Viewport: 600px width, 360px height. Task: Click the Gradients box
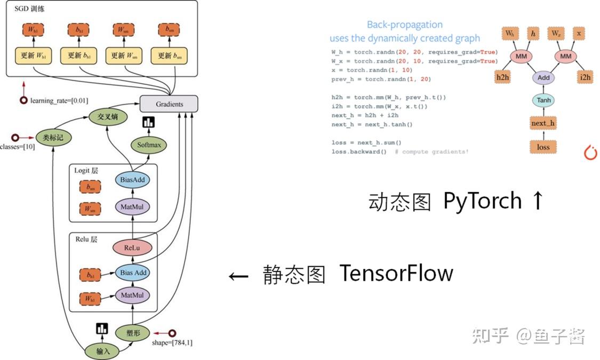click(x=169, y=103)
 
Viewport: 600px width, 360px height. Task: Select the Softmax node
click(x=149, y=145)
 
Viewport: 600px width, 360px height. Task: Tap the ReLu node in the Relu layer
click(x=132, y=248)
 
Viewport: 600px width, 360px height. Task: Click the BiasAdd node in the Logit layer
click(x=132, y=180)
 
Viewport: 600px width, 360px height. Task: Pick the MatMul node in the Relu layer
click(x=132, y=295)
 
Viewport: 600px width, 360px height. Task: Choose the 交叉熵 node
click(x=108, y=117)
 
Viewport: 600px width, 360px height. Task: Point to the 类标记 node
click(x=53, y=138)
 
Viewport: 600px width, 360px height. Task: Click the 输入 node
click(x=102, y=351)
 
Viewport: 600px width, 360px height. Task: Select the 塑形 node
click(x=133, y=333)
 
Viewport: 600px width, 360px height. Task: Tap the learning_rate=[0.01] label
click(x=59, y=101)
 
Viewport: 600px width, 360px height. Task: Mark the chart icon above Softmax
click(x=148, y=123)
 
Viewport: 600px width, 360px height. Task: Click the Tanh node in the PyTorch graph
click(x=543, y=100)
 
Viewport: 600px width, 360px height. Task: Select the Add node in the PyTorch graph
click(x=543, y=78)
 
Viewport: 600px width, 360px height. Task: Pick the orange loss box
click(x=543, y=147)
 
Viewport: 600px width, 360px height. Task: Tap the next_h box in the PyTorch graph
click(x=543, y=123)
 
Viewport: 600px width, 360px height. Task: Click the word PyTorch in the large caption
click(x=483, y=201)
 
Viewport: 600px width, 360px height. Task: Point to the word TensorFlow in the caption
click(x=396, y=273)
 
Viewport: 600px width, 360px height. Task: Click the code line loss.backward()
click(x=359, y=152)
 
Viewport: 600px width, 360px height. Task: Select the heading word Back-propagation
click(x=405, y=25)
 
